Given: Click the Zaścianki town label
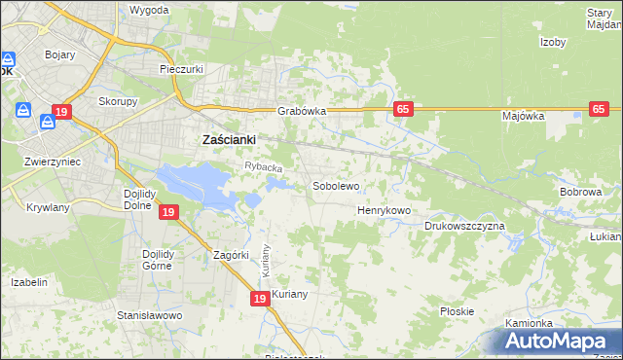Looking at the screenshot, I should coord(228,140).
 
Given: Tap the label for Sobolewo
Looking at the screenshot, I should coord(336,185).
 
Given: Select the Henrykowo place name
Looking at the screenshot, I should coord(384,210).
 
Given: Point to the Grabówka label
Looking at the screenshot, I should coord(301,112).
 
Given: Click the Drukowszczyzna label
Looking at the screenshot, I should coord(464,227).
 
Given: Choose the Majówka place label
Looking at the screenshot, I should coord(523,117).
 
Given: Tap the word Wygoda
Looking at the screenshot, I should coord(149,10).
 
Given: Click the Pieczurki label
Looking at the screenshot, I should coord(180,70).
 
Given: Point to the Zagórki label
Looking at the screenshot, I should coord(233,256).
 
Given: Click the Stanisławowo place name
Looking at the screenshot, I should coord(150,316).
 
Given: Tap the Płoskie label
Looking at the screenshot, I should coord(457,312).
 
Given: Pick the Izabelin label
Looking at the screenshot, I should coord(29,282).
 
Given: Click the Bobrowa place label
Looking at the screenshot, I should coord(580,193).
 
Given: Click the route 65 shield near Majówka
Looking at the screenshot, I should coord(600,109).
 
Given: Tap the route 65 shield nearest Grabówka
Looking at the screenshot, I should coord(402,109).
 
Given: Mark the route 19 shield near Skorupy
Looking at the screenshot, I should coord(61,113).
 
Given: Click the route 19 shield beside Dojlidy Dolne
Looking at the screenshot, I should coord(168,212).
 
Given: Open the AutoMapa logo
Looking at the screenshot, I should coord(558,342).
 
